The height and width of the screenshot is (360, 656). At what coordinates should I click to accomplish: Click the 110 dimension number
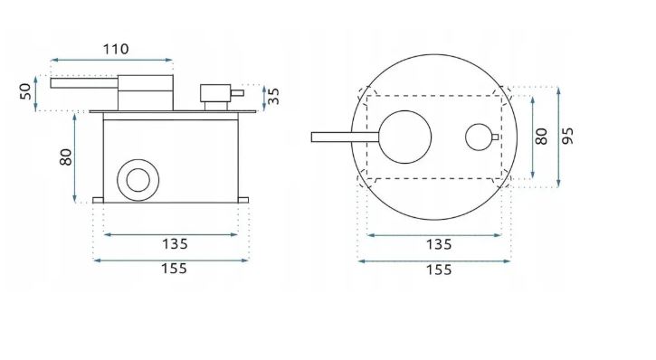coord(116,50)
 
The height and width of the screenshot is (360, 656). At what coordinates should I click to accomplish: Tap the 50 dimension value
coord(25,91)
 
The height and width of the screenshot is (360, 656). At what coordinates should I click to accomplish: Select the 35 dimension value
coord(272,96)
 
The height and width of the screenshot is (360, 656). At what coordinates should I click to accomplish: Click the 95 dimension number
coord(567,137)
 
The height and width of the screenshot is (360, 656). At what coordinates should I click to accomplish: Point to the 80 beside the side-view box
coord(66,157)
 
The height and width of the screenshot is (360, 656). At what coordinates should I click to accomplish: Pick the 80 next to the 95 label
coord(541,137)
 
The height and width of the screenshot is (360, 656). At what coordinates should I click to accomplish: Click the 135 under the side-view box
coord(175,243)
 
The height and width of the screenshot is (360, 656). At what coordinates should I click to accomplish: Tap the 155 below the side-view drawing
coord(174,269)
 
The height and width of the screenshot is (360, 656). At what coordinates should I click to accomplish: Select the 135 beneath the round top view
coord(439,244)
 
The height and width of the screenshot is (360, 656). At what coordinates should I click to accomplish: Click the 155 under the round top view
coord(439,270)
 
